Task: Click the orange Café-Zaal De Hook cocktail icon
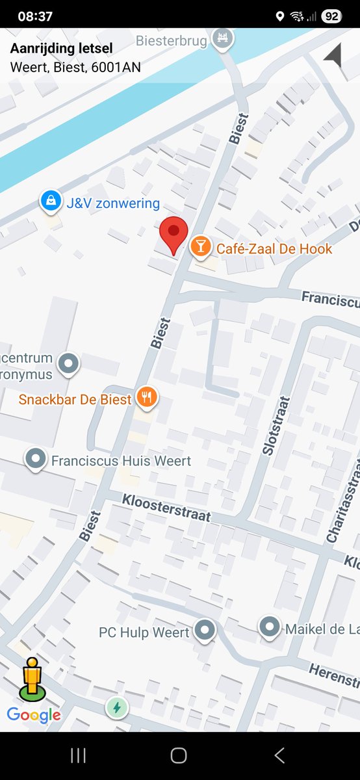(x=200, y=246)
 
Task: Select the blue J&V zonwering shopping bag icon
(x=50, y=201)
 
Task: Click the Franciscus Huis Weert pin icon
(x=35, y=459)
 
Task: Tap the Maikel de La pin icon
(x=270, y=627)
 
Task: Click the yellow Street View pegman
(x=31, y=679)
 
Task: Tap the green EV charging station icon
(x=117, y=707)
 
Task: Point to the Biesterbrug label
(x=172, y=42)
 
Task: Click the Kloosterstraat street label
(x=167, y=507)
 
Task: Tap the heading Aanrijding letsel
(x=61, y=48)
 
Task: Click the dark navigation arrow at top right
(x=333, y=55)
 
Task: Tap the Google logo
(x=34, y=716)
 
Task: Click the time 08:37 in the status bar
(x=35, y=16)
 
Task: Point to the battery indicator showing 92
(x=331, y=16)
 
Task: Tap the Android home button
(x=179, y=755)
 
